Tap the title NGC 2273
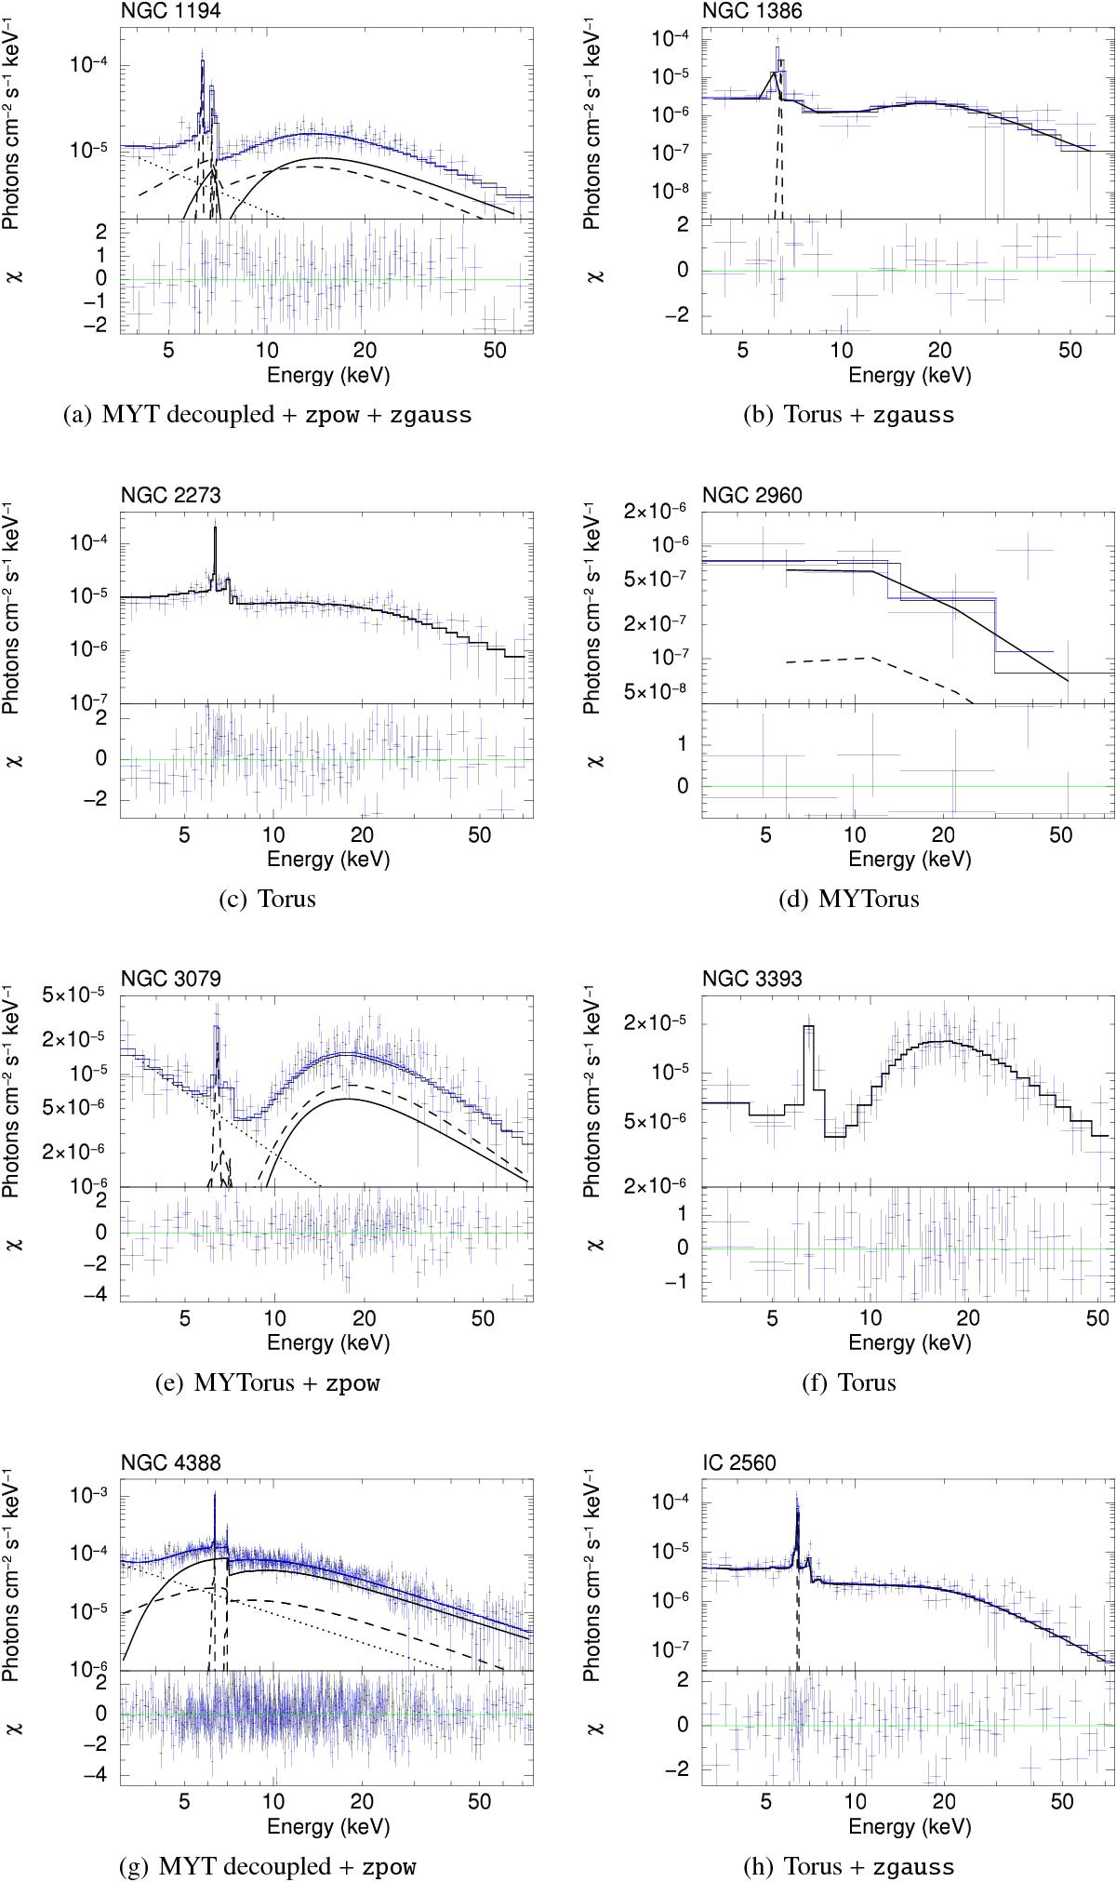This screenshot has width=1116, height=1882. (171, 495)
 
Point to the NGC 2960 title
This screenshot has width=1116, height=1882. (752, 495)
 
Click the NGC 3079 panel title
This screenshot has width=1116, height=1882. (171, 979)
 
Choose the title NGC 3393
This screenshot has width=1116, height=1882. (752, 979)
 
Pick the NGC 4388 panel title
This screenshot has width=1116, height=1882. (171, 1463)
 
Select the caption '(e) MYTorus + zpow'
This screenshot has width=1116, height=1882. (267, 1382)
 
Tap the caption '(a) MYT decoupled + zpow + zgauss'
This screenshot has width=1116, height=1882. (267, 415)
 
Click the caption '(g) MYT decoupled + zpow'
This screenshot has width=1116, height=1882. (267, 1865)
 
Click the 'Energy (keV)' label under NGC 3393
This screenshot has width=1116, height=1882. (909, 1341)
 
